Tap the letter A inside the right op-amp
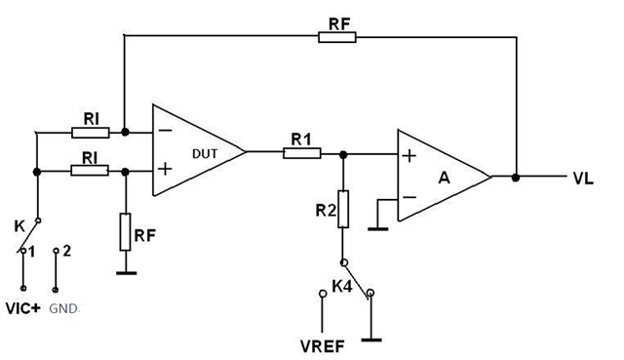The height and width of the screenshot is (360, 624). click(444, 178)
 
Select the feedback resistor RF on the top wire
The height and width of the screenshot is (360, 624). click(336, 36)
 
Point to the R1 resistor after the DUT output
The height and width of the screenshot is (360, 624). click(297, 151)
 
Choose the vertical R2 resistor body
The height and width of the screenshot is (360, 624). click(342, 209)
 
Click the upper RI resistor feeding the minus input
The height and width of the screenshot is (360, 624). click(90, 130)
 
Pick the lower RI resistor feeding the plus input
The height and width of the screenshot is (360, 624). click(90, 170)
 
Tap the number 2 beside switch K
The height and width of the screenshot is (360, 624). click(67, 252)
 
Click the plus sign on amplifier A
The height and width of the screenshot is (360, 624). click(409, 155)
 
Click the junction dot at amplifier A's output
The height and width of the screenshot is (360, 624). click(515, 178)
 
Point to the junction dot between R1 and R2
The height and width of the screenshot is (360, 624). click(342, 152)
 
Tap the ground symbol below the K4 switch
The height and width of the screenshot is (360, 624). click(371, 339)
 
